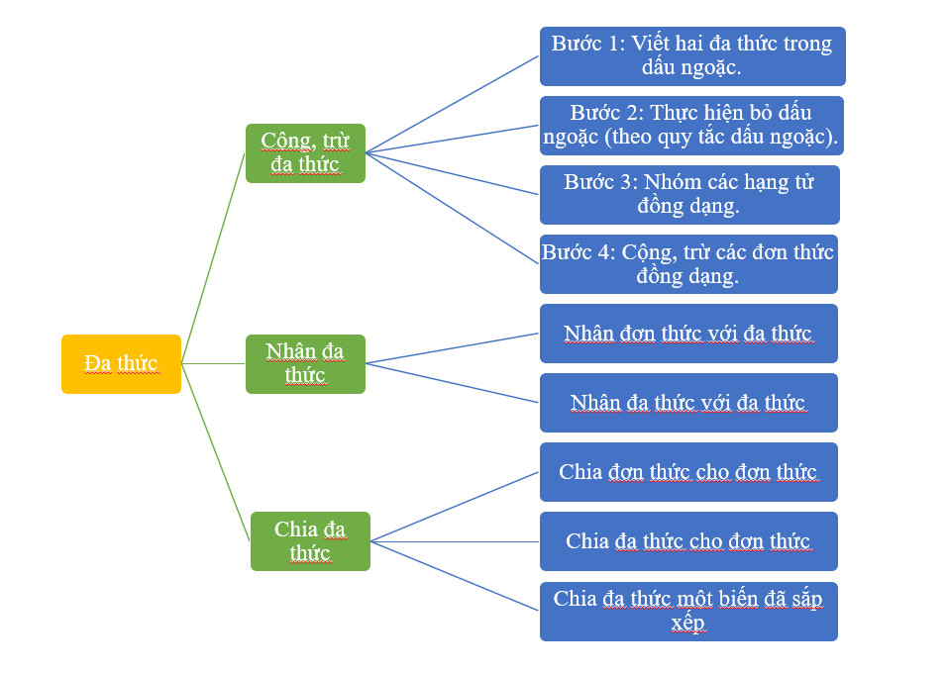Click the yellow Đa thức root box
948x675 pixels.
point(121,363)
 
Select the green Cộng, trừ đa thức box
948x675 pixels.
point(305,152)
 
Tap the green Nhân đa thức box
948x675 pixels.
point(305,363)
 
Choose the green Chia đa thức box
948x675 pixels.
point(310,540)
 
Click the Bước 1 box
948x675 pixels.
point(691,55)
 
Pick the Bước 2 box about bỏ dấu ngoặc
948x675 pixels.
point(691,125)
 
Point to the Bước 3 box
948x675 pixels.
point(689,194)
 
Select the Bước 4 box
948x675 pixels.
point(688,263)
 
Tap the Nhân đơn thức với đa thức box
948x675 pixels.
point(688,333)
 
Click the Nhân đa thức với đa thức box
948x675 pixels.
point(688,402)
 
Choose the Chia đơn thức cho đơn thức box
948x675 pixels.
point(688,471)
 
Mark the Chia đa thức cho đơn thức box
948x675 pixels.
point(688,540)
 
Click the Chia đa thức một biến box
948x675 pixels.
point(688,611)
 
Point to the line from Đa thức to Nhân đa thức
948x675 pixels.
point(213,363)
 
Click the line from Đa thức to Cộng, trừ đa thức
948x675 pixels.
point(213,257)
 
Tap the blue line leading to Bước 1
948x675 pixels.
point(452,104)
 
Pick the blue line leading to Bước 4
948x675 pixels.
point(452,208)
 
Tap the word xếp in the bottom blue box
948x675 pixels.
point(687,623)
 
